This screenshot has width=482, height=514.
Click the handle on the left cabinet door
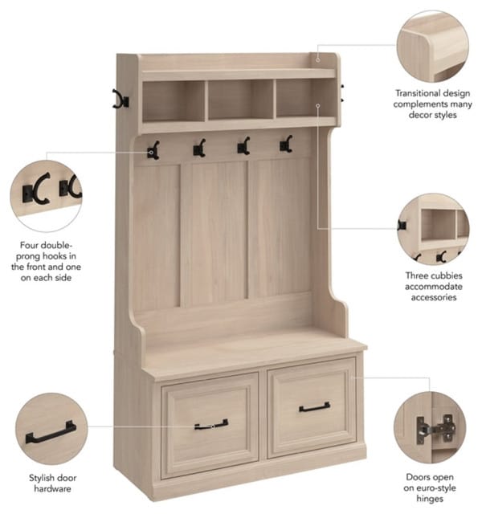click(211, 425)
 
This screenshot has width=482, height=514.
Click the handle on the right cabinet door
click(314, 407)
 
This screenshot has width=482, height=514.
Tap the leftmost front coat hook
click(153, 151)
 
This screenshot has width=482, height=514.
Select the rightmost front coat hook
click(286, 144)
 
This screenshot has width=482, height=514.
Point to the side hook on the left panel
click(120, 99)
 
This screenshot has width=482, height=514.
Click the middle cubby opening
click(241, 100)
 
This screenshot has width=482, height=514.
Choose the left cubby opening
click(174, 101)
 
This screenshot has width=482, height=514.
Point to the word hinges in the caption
click(430, 499)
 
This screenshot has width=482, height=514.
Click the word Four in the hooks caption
click(27, 245)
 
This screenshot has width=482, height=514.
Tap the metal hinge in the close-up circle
click(435, 429)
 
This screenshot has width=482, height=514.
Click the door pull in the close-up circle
click(51, 432)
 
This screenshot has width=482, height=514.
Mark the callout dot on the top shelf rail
click(318, 59)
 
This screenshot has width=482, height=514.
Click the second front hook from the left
click(199, 148)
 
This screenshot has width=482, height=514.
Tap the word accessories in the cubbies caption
click(434, 297)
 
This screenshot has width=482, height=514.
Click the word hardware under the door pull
click(52, 489)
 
